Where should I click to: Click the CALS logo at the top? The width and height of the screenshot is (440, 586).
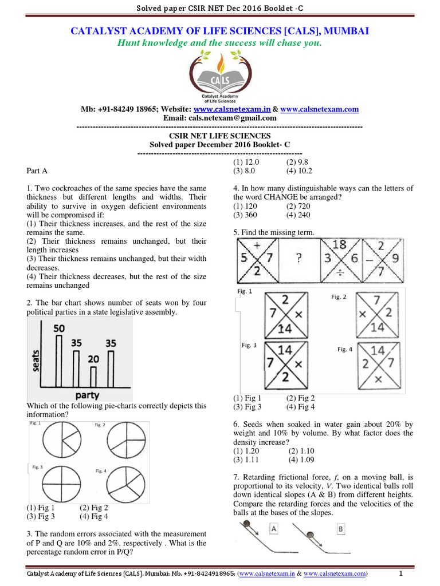220,78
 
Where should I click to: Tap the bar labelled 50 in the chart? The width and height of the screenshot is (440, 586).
58,361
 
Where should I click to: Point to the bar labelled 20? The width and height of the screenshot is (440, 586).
94,377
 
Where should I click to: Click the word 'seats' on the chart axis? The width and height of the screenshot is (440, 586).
37,361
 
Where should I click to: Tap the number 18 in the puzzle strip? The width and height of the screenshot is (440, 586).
339,245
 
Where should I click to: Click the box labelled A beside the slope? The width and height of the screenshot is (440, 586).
274,529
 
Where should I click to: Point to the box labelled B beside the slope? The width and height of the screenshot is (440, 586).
341,529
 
